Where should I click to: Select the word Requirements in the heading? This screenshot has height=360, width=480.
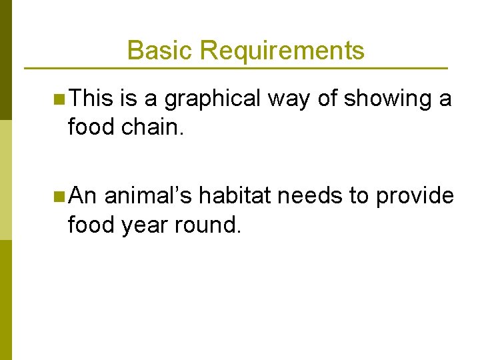(282, 51)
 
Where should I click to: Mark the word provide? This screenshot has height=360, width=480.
(415, 196)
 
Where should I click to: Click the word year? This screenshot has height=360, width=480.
(145, 225)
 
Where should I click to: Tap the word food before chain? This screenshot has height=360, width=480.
(91, 127)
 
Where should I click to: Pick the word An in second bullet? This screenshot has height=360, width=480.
(83, 196)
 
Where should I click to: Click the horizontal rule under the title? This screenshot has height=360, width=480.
(235, 68)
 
